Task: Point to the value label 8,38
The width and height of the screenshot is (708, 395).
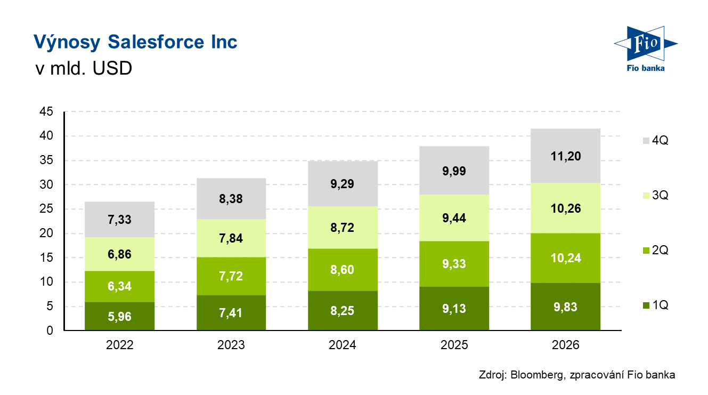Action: [x=231, y=198]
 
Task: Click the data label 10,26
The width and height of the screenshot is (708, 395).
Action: [x=565, y=208]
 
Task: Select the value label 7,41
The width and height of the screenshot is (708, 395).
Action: [x=231, y=313]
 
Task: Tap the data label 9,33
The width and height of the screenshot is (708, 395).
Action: [x=454, y=264]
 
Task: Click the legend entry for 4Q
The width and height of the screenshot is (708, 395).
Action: [x=655, y=141]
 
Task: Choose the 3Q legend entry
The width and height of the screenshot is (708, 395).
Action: [x=655, y=196]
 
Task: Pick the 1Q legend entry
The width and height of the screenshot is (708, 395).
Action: [x=655, y=305]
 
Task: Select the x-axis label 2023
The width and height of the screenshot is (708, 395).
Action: [x=231, y=345]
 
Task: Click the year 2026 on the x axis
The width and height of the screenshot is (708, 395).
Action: [x=565, y=345]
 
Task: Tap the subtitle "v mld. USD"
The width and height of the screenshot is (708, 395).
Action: [x=83, y=68]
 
